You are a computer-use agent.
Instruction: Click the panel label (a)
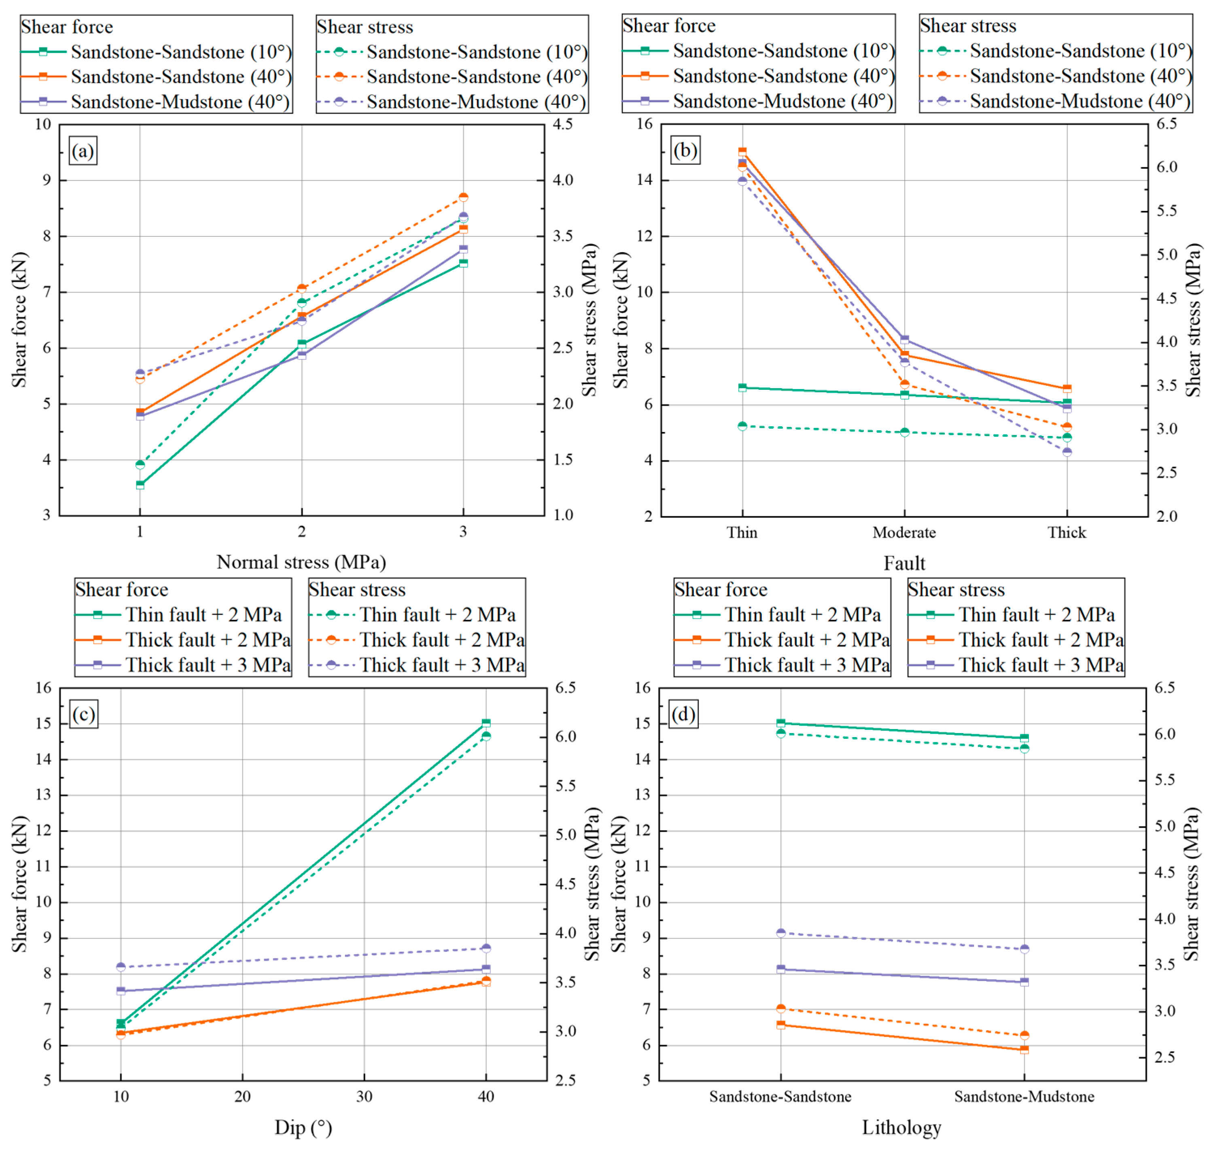83,151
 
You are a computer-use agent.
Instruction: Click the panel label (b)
685,151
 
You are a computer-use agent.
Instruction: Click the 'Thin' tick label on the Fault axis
742,532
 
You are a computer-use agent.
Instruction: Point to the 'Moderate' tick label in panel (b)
904,532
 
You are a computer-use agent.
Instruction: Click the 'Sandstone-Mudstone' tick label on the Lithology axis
1024,1097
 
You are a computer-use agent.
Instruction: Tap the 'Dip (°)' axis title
303,1127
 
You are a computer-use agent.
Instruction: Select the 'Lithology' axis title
901,1127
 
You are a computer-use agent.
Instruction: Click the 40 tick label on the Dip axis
486,1097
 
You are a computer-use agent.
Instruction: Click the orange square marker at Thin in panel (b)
742,152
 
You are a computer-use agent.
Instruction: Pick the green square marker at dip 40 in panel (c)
486,723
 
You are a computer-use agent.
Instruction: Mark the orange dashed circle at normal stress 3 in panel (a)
463,197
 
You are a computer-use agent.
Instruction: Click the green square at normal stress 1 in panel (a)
140,485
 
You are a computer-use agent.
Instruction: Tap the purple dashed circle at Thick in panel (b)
1067,453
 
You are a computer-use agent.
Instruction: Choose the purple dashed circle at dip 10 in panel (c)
121,967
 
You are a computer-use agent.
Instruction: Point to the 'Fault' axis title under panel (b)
904,563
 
